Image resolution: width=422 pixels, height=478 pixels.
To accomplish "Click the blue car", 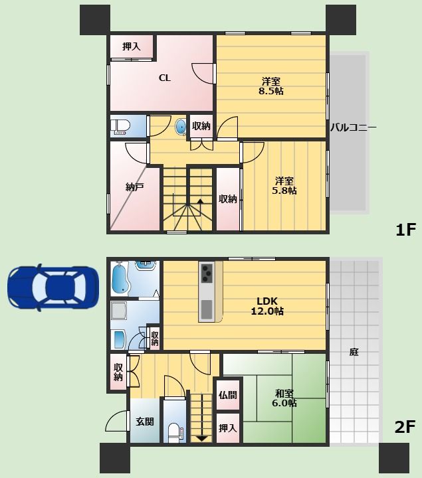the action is click(53, 287).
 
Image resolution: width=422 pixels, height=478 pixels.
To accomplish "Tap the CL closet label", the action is click(165, 78).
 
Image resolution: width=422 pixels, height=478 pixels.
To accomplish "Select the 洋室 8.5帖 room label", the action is click(271, 86).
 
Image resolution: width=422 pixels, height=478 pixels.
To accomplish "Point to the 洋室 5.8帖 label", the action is click(284, 186).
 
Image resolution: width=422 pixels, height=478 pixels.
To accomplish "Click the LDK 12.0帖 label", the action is click(267, 306).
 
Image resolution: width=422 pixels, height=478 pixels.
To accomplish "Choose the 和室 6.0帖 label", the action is click(284, 398).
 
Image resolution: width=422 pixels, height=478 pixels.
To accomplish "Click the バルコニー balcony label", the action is click(354, 127).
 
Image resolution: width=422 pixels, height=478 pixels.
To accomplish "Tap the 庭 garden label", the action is click(354, 353).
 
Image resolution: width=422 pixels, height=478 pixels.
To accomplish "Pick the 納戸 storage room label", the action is click(134, 187).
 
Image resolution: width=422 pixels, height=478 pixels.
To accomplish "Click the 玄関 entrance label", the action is click(145, 422).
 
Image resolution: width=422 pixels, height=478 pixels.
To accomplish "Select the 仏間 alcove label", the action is click(228, 395).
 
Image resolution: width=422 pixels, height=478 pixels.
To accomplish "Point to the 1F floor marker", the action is click(405, 230).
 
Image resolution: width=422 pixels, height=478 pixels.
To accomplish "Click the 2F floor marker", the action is click(405, 427).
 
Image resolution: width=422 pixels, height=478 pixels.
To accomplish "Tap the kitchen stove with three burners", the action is click(207, 273).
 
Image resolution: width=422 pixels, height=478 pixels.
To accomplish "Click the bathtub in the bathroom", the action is click(121, 278).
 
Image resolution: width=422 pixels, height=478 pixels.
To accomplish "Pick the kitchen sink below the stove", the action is click(207, 309).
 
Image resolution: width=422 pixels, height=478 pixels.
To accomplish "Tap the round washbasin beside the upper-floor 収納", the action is click(180, 127).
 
